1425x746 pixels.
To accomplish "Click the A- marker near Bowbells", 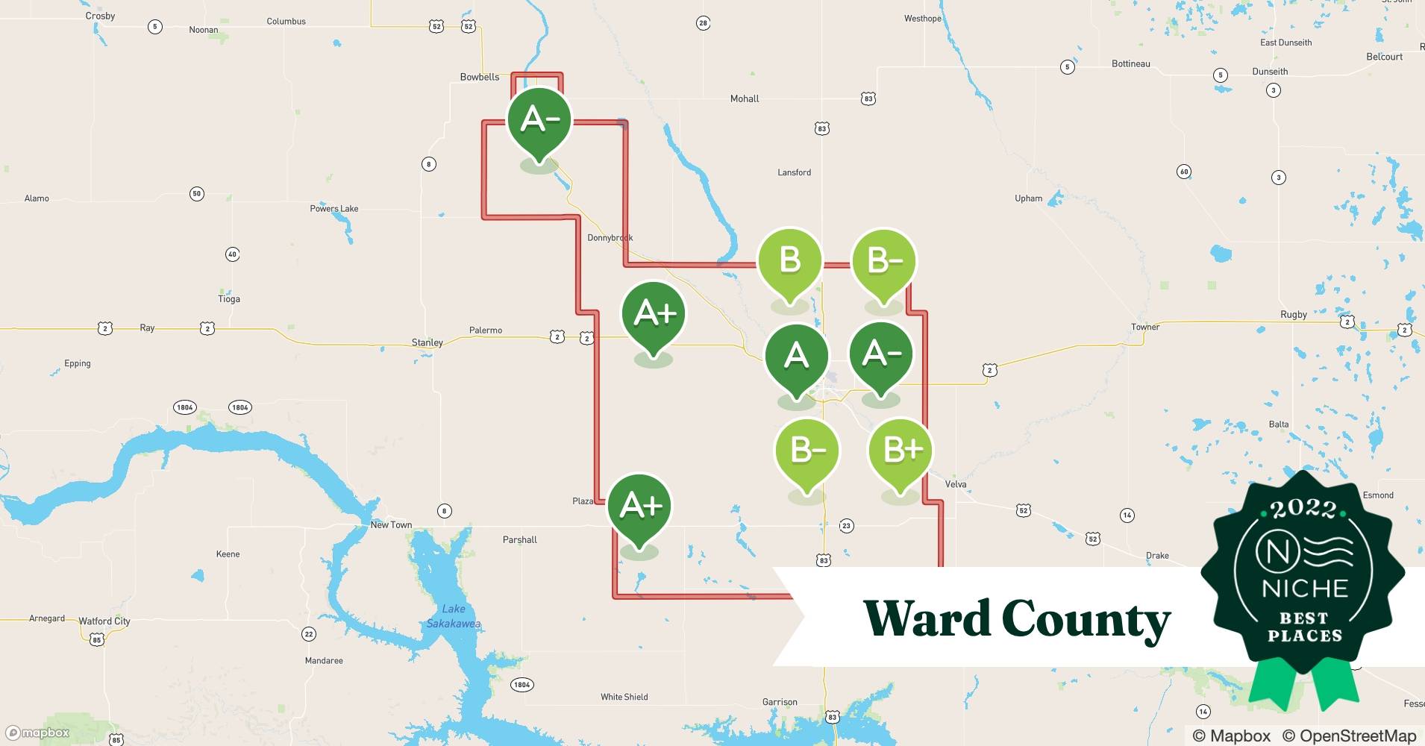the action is [539, 120].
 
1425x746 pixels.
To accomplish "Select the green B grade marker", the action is [789, 261].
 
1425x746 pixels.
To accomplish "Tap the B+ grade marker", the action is [901, 450].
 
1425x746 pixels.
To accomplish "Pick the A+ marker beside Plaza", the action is [639, 507].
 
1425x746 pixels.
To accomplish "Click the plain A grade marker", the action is [796, 356].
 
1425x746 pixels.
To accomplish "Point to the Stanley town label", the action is [427, 342].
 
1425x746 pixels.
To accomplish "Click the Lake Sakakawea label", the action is [453, 616].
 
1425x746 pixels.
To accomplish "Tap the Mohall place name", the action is [745, 98].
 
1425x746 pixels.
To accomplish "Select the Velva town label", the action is [956, 484].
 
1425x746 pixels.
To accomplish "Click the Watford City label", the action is [104, 621].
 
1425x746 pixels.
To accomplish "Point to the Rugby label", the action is [1294, 315].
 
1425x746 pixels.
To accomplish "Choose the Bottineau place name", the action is [1131, 64].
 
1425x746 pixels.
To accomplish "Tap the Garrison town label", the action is [780, 702].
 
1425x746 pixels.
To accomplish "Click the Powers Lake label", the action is [334, 209].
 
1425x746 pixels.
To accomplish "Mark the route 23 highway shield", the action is [846, 526].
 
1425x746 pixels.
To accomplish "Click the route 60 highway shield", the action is [1184, 172].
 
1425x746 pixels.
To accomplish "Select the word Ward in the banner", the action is [927, 618].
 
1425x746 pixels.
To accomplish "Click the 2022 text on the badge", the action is [1304, 509].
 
